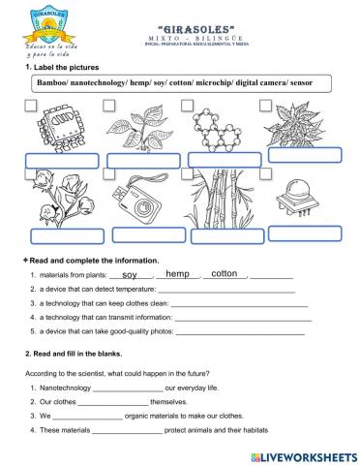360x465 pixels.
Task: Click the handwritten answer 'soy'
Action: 130,275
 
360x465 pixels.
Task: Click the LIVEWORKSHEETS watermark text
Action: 308,455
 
